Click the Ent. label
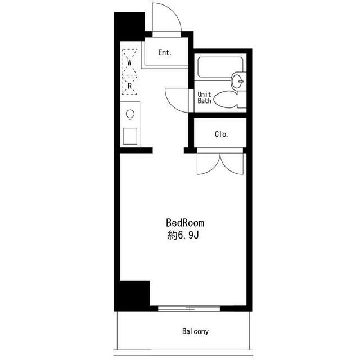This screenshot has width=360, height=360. (165, 52)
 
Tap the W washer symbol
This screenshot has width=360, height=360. (129, 62)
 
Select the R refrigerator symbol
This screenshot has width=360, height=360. (129, 85)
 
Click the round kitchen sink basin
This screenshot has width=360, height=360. (130, 114)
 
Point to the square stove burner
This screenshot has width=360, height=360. (130, 136)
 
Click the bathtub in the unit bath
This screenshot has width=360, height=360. (220, 67)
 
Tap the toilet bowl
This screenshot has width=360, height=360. (226, 100)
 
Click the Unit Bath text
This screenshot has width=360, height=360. (204, 97)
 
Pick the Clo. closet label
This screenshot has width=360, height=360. (221, 134)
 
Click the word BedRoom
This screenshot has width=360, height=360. (185, 223)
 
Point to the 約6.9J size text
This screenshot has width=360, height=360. (183, 235)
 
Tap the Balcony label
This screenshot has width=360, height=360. (195, 331)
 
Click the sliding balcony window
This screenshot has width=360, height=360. (189, 309)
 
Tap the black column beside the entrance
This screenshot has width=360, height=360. (129, 26)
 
